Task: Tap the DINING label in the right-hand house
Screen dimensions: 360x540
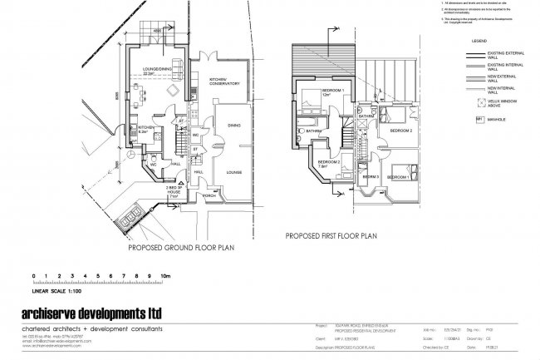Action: pos(234,126)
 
